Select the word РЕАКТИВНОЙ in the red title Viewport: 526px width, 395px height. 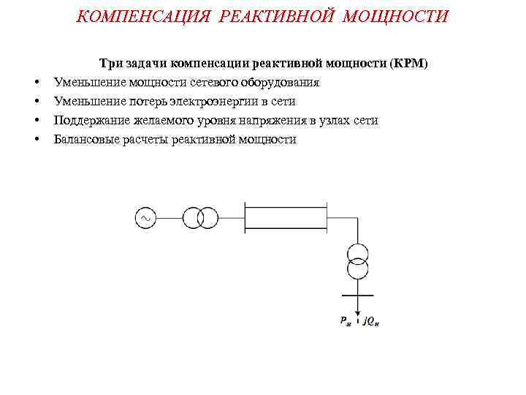pyautogui.click(x=277, y=16)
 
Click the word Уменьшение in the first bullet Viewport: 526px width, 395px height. pyautogui.click(x=86, y=83)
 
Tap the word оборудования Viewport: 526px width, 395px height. pyautogui.click(x=281, y=83)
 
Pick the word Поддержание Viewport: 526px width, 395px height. pyautogui.click(x=89, y=121)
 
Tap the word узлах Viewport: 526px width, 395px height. pyautogui.click(x=327, y=121)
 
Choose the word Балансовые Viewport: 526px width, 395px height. pyautogui.click(x=85, y=140)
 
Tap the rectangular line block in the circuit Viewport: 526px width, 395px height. pyautogui.click(x=285, y=218)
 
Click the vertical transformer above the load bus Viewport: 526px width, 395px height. pyautogui.click(x=357, y=260)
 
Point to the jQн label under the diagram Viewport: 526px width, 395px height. pyautogui.click(x=371, y=320)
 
